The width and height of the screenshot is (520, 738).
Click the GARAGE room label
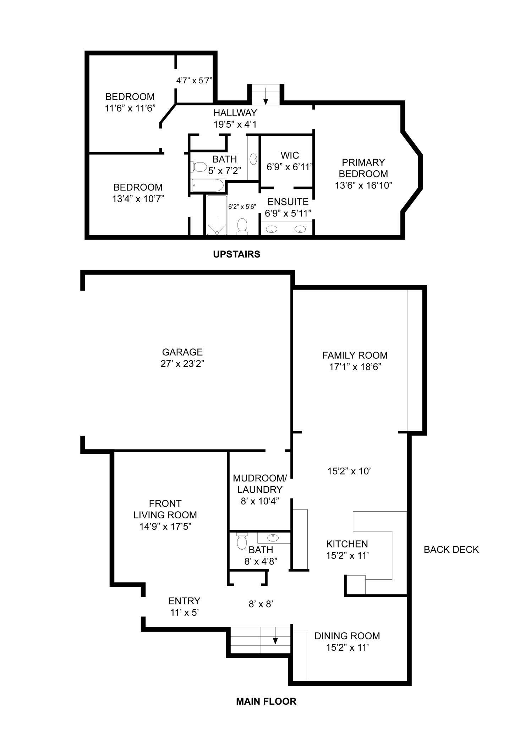(x=182, y=352)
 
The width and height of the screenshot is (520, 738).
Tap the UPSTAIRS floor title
(x=236, y=254)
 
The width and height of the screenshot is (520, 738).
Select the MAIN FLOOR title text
(x=266, y=701)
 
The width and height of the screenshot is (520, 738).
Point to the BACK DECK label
(x=451, y=549)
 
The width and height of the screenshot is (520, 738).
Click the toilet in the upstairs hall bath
(x=199, y=166)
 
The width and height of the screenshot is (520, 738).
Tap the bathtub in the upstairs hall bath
(x=207, y=185)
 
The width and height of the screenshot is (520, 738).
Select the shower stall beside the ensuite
(x=217, y=215)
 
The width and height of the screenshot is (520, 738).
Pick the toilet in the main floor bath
(x=242, y=541)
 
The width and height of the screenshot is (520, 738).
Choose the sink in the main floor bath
(x=273, y=538)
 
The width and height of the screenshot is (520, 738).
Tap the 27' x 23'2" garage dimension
(x=182, y=364)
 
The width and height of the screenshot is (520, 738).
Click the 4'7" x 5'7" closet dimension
(x=194, y=81)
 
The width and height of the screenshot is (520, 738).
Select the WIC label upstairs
(x=290, y=155)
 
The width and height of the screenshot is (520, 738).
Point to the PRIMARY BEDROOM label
(x=363, y=168)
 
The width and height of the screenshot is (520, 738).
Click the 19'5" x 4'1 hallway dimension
(x=235, y=125)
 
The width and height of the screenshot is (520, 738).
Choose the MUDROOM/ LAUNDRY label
(x=260, y=484)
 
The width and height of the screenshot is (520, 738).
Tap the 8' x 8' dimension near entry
(x=261, y=604)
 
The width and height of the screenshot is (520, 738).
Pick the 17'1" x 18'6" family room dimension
(x=355, y=367)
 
